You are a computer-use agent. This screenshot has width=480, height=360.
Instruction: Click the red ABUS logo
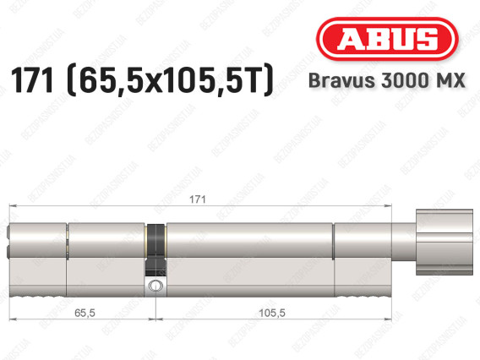387,39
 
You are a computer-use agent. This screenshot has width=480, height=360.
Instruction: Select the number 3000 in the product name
406,80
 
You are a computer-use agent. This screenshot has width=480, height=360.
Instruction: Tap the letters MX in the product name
450,80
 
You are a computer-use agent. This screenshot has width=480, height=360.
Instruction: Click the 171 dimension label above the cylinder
198,199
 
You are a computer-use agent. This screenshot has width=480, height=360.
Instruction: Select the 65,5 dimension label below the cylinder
85,313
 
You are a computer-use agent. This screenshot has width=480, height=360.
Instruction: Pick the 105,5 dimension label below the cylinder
272,313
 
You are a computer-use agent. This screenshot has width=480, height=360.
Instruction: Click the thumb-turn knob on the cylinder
444,243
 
